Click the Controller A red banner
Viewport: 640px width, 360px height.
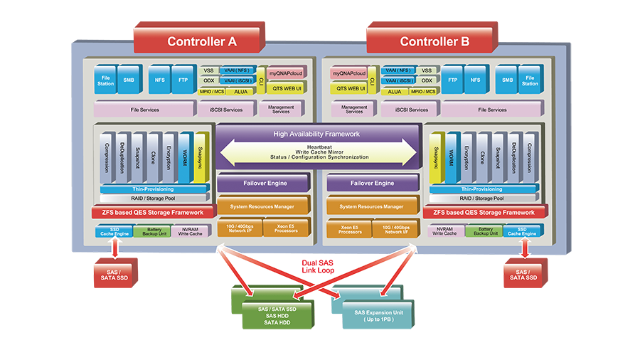(x=202, y=41)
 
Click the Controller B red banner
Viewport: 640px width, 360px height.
(x=434, y=41)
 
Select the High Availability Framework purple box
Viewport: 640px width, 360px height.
(x=316, y=134)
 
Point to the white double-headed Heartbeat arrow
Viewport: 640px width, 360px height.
(x=316, y=151)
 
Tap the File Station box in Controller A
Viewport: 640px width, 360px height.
(x=105, y=80)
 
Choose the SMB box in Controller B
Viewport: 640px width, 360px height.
(x=506, y=80)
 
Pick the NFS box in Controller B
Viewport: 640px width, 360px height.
(x=474, y=80)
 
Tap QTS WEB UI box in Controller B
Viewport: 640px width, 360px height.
(x=351, y=89)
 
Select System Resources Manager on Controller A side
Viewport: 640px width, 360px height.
(x=263, y=206)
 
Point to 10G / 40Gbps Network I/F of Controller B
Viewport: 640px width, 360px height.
(x=395, y=228)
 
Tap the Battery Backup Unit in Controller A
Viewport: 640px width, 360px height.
(x=153, y=232)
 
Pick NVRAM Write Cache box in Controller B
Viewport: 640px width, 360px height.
(x=446, y=231)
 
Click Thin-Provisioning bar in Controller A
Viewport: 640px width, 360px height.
(x=154, y=189)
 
